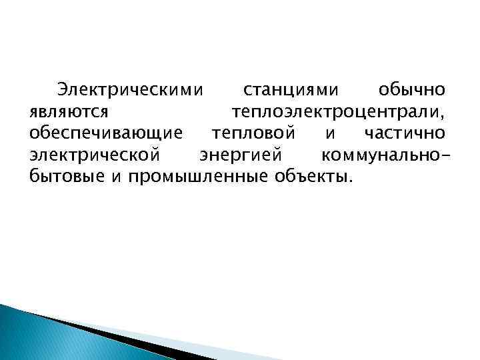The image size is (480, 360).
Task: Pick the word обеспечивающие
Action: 105,133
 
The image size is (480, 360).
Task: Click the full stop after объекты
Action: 347,181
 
